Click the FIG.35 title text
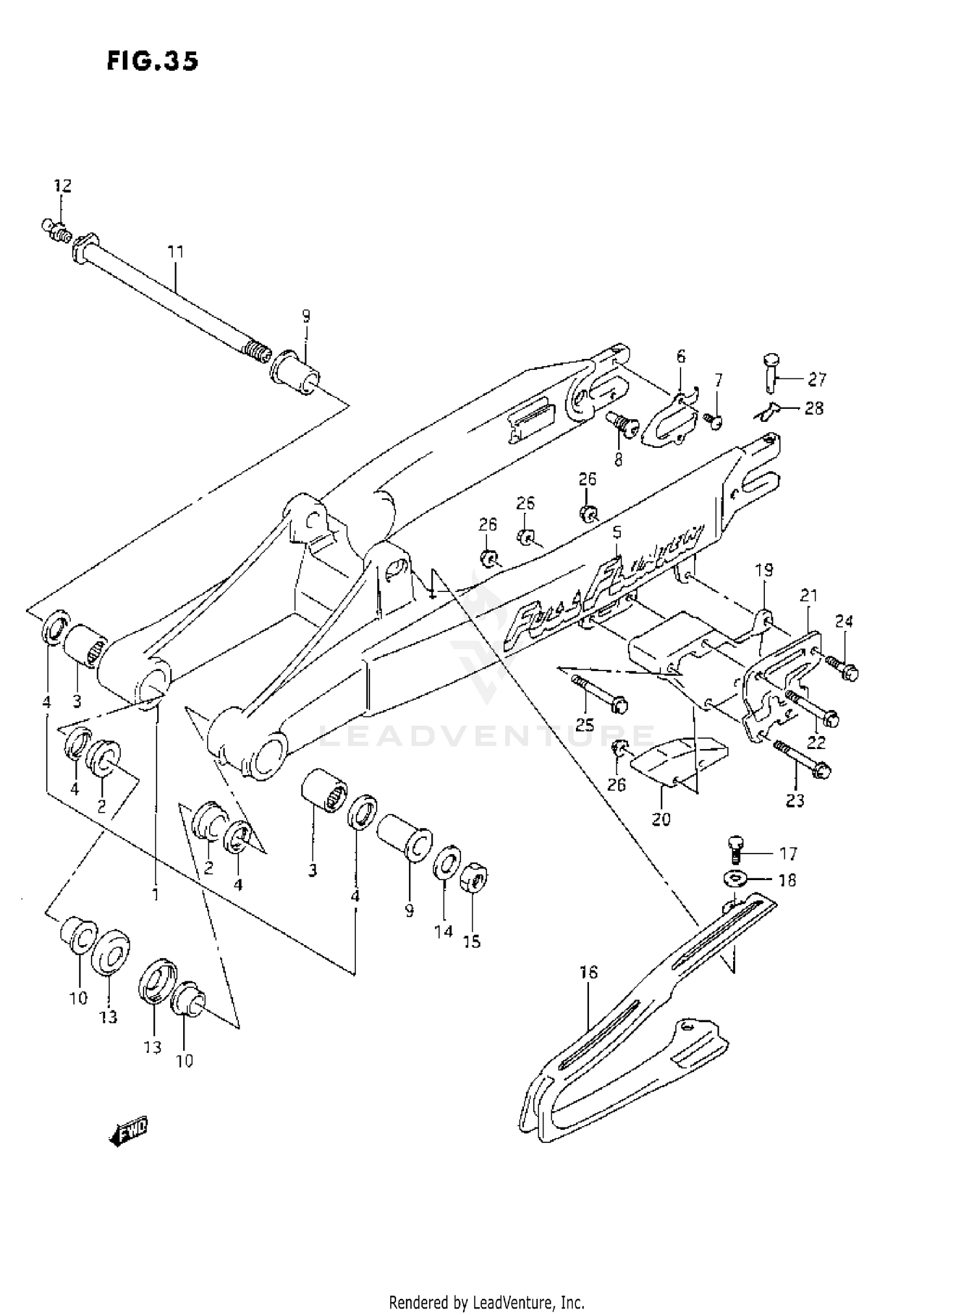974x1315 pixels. [x=153, y=61]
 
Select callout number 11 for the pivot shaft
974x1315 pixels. [x=175, y=251]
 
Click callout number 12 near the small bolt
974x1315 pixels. [x=62, y=186]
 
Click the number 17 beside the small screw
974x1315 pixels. [x=788, y=853]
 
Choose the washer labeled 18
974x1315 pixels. [x=734, y=879]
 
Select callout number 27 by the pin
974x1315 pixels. [x=817, y=378]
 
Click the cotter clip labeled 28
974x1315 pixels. [x=768, y=408]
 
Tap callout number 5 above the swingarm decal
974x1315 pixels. [x=616, y=532]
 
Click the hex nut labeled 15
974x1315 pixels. [x=474, y=881]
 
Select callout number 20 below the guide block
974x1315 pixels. [x=661, y=819]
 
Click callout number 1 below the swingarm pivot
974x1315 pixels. [x=155, y=894]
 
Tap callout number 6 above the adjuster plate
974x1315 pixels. [x=681, y=356]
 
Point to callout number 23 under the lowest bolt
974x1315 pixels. [x=795, y=800]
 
